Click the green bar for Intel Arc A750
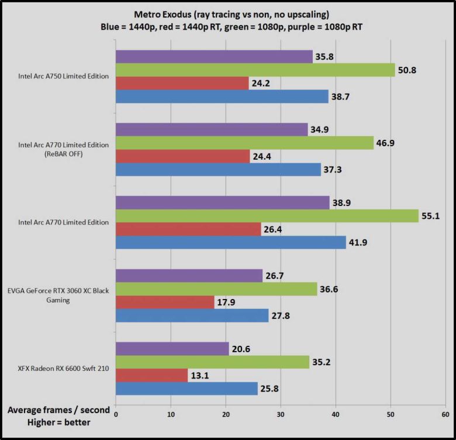tap(255, 70)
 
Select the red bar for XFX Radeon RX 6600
tap(151, 375)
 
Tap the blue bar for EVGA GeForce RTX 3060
tap(192, 316)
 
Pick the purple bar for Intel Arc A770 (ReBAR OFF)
tap(212, 129)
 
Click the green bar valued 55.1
tap(267, 216)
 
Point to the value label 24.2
tap(261, 83)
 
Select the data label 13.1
tap(199, 375)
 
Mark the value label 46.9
tap(386, 143)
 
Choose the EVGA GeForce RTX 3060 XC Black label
tap(58, 291)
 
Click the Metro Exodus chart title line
tap(228, 15)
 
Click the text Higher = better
tap(58, 422)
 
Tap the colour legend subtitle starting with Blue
tap(228, 27)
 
